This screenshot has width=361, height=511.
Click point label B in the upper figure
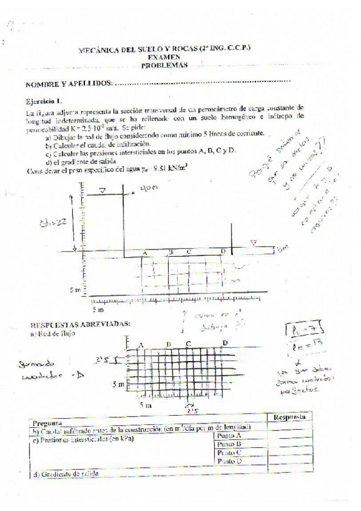pyautogui.click(x=171, y=251)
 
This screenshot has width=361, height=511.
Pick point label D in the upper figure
pyautogui.click(x=223, y=251)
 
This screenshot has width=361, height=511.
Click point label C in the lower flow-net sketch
pyautogui.click(x=189, y=343)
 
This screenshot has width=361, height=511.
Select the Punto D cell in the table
pyautogui.click(x=229, y=461)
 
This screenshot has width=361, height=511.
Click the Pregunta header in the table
pyautogui.click(x=48, y=422)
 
